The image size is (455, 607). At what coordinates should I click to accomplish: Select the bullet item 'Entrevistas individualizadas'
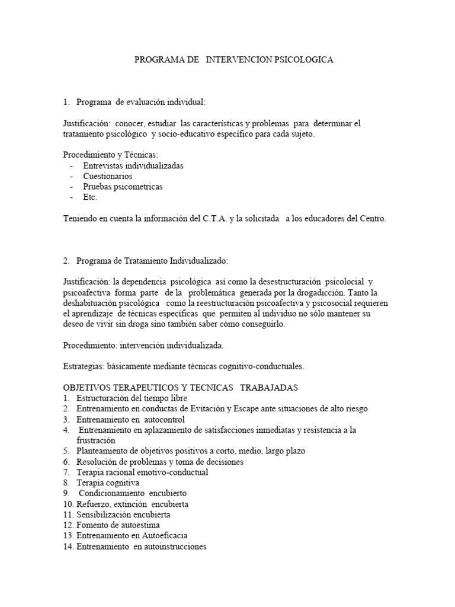[133, 165]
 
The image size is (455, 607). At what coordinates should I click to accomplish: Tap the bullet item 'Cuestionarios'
[108, 176]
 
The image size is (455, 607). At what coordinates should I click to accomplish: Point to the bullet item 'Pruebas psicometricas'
[123, 187]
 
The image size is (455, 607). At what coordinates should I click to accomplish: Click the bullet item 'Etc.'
[90, 197]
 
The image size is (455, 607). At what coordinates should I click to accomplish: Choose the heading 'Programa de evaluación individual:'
[141, 103]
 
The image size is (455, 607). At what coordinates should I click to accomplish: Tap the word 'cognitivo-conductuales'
[260, 366]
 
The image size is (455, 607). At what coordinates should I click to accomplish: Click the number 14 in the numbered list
[68, 547]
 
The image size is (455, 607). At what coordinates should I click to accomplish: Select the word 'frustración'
[96, 441]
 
